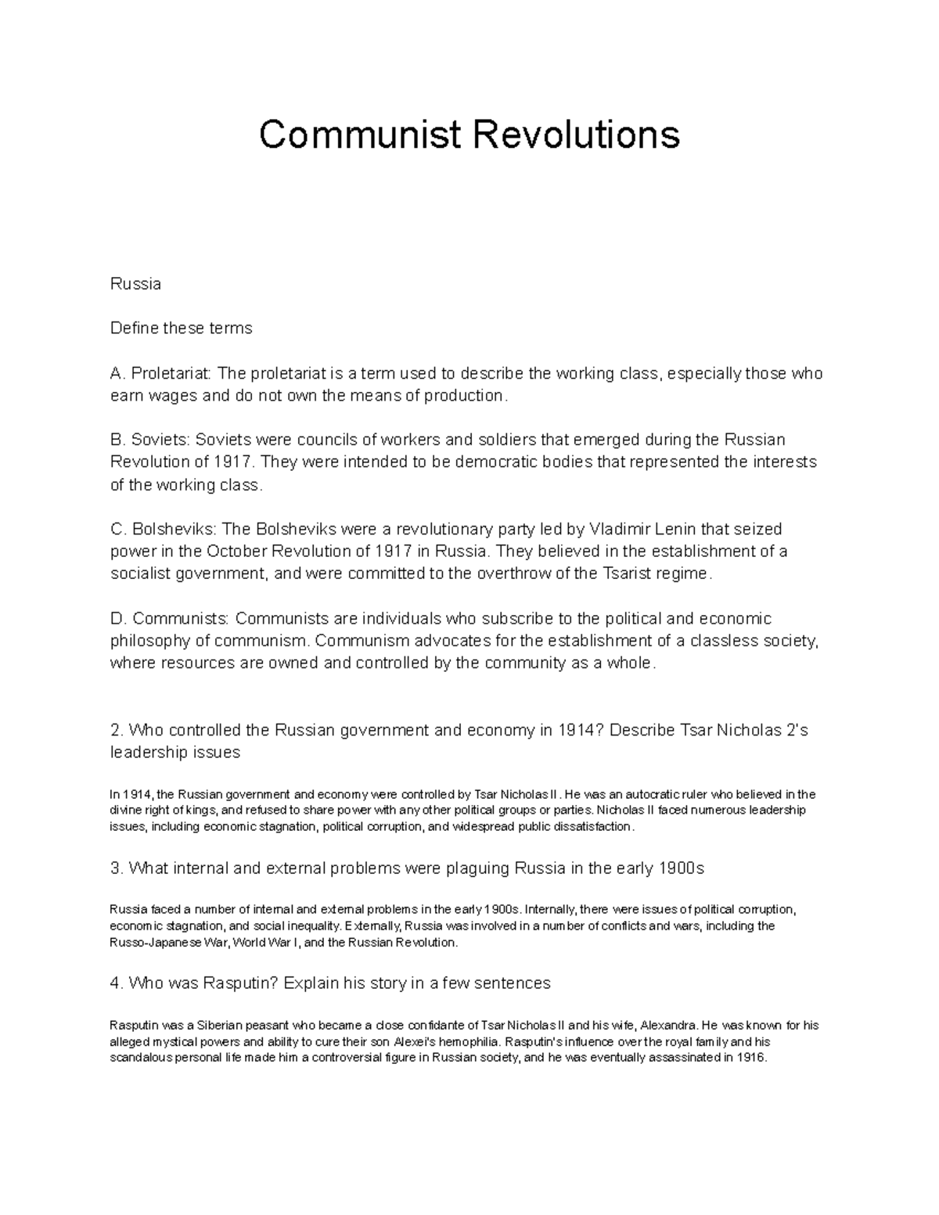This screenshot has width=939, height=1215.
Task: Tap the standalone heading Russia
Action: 135,284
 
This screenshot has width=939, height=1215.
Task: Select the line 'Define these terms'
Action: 181,329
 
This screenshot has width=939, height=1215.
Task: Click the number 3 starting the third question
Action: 115,868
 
